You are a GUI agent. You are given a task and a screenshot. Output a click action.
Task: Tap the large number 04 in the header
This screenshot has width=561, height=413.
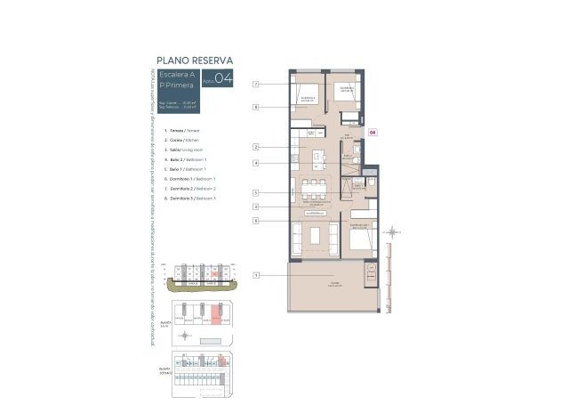(223, 79)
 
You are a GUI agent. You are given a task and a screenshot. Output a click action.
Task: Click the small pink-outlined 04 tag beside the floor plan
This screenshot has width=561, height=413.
(373, 132)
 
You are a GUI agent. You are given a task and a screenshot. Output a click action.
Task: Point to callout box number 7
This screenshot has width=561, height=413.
(255, 85)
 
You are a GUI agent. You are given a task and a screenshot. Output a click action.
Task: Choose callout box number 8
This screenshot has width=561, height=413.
(255, 107)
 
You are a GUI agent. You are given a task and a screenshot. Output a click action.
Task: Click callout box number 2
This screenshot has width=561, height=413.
(255, 147)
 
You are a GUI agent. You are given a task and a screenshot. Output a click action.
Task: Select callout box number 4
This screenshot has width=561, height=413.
(255, 163)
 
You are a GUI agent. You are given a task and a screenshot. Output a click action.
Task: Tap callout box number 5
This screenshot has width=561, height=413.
(255, 192)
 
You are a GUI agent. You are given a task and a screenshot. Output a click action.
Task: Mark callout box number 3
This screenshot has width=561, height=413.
(255, 206)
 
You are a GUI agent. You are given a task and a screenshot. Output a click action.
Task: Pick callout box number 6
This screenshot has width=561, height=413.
(255, 220)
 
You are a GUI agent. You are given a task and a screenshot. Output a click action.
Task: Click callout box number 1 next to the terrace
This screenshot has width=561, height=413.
(255, 275)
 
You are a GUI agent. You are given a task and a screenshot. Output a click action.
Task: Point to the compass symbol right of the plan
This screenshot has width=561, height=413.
(389, 234)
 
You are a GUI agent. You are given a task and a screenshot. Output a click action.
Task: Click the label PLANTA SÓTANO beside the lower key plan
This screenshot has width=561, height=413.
(164, 368)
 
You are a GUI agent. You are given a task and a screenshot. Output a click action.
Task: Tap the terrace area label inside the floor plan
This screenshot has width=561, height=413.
(334, 284)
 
